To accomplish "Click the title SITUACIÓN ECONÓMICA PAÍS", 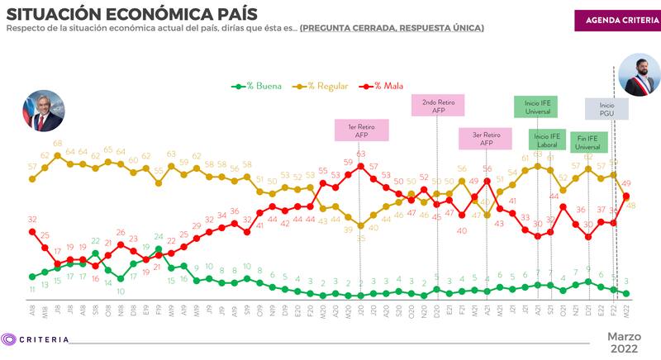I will [131, 14].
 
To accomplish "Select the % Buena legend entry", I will [255, 85].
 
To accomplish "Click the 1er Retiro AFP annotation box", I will [361, 132].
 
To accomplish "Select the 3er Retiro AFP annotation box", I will [486, 139].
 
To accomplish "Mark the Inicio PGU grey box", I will [607, 110].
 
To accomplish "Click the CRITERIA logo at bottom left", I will [36, 339].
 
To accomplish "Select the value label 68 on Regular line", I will [58, 144].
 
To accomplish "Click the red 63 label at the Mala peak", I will [361, 154].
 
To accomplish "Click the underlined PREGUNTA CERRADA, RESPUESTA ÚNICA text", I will [392, 28].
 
